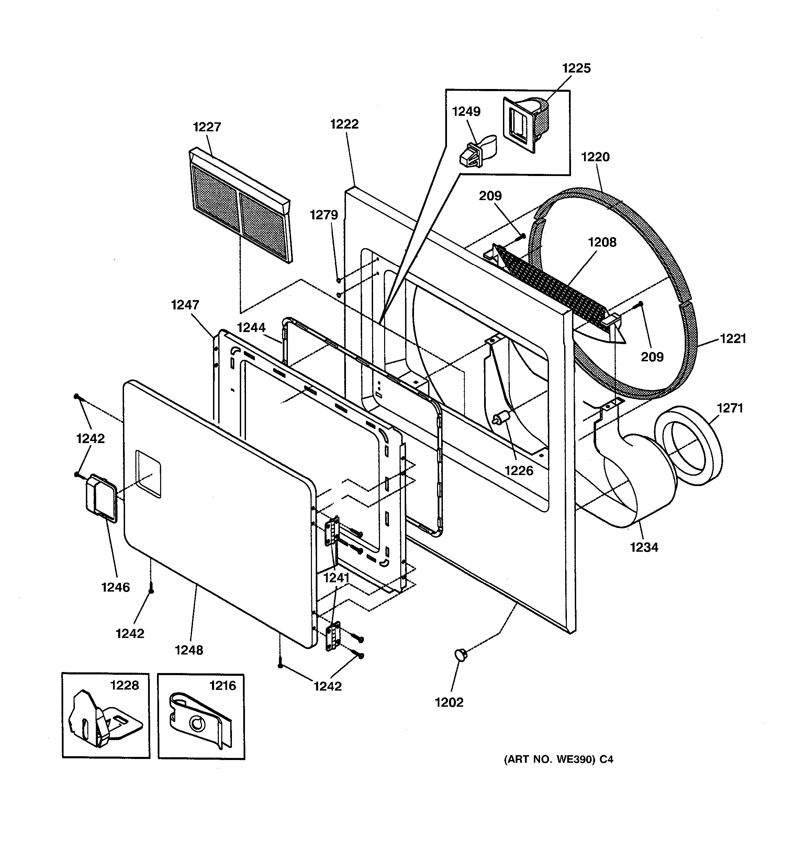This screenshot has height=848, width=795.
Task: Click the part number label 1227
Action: coord(207,127)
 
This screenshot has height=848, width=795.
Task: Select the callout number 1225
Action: coord(576,68)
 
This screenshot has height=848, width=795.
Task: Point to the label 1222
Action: coord(345,124)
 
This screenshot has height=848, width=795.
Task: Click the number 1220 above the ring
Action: coord(595,157)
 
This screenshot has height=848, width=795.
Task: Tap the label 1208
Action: coord(602,242)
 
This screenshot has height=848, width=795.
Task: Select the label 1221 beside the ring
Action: coord(733,339)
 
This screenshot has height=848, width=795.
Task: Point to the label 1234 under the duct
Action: coord(644,547)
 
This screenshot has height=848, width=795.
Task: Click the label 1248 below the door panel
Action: coord(189,650)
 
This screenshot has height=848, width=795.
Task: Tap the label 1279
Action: coord(324,215)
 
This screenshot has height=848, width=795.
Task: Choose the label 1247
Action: coord(185,305)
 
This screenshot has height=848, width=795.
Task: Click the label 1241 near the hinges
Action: coord(336,578)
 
